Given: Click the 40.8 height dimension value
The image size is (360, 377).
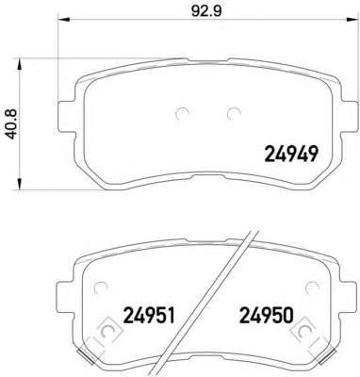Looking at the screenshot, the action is [13, 123].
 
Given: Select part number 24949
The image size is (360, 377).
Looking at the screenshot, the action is [292, 155].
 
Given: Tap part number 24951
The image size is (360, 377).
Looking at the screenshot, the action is [149, 316].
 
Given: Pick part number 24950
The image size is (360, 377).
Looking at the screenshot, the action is [267, 316].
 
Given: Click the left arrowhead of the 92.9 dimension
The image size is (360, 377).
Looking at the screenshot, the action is [63, 20].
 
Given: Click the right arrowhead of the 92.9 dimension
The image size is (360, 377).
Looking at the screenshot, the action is [352, 20].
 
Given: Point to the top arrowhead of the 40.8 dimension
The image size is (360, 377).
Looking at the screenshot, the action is [20, 64].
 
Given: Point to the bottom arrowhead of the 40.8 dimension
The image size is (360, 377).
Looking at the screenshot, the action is [20, 185].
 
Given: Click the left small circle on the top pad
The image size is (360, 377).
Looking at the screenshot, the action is [182, 114].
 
